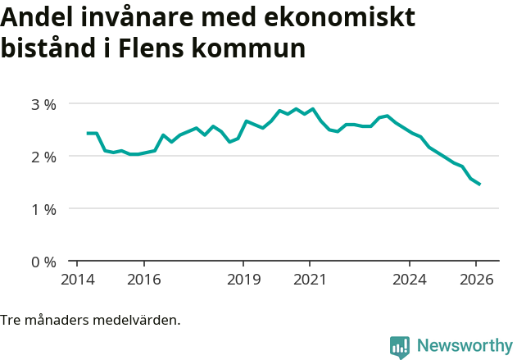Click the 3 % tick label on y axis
tap(43, 104)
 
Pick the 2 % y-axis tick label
tap(43, 157)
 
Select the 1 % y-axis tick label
tap(43, 209)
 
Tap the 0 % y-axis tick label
tap(43, 262)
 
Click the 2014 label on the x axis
tap(77, 279)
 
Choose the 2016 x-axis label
tap(143, 279)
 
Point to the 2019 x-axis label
tap(243, 279)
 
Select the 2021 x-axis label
tap(310, 279)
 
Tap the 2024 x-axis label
tap(410, 279)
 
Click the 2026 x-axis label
tap(476, 279)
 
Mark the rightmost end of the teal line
tap(479, 185)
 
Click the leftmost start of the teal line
tap(88, 133)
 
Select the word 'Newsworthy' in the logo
tap(465, 346)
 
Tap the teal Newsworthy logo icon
tap(400, 347)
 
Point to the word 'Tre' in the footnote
tap(11, 320)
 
